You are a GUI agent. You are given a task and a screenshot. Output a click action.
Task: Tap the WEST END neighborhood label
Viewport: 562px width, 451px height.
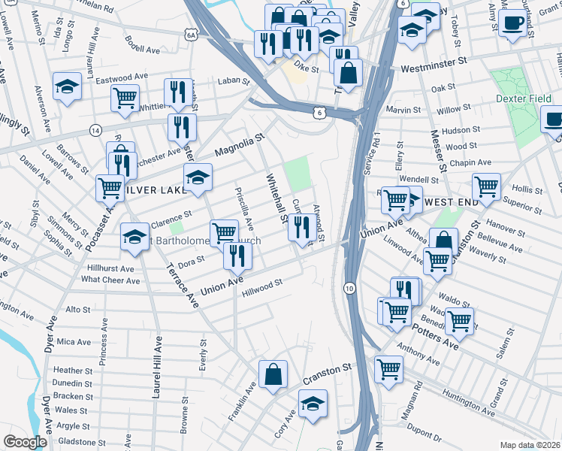coord(451,203)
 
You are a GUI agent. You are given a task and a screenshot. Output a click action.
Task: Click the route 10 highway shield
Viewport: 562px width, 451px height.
coord(349,288)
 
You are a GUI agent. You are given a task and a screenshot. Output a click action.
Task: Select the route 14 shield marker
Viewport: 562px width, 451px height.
coord(95,130)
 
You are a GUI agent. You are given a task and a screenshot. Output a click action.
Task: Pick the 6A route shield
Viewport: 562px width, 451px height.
coord(192,35)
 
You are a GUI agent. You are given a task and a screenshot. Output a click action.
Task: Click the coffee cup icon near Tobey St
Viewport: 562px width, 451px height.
coord(514,24)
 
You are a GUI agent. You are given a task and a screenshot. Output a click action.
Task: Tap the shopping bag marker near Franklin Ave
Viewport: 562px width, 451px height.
coord(273,374)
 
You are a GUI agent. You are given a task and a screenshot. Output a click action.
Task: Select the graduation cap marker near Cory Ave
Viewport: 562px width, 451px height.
coord(313,404)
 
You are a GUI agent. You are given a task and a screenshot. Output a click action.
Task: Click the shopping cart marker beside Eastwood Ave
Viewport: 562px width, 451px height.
coord(124,97)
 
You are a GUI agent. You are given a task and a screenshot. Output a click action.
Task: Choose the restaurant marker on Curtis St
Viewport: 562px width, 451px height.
coord(302,226)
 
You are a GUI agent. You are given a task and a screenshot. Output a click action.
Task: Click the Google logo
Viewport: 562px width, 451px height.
coord(25,442)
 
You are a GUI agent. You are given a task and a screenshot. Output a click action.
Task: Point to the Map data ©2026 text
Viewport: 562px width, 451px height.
coord(530,445)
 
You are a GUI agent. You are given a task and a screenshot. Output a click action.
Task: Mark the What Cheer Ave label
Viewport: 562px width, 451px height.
coord(110,280)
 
